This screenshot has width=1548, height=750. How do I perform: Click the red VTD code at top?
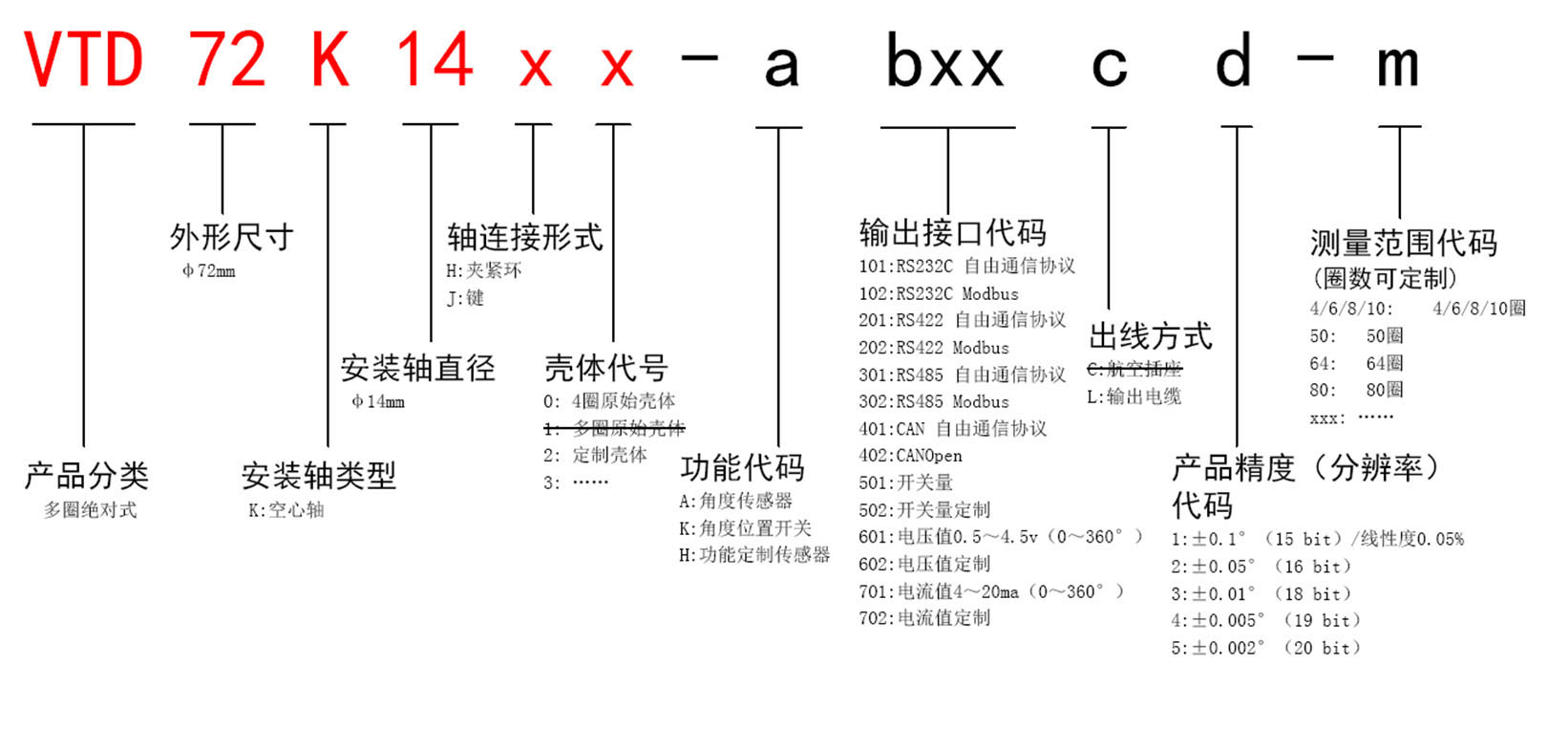click(x=84, y=59)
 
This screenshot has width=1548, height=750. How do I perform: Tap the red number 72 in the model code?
click(x=227, y=59)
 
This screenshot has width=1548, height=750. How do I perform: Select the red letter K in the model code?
click(x=330, y=59)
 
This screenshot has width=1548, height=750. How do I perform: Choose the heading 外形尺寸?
click(x=231, y=237)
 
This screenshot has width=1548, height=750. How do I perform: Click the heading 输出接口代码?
click(x=953, y=232)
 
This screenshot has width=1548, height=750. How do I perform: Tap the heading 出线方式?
click(x=1151, y=336)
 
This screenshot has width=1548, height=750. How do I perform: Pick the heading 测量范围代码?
click(x=1404, y=243)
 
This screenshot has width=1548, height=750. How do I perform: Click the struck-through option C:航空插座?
click(x=1134, y=370)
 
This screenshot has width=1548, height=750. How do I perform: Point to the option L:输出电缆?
click(x=1134, y=396)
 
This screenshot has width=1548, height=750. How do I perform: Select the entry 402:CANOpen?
click(x=910, y=457)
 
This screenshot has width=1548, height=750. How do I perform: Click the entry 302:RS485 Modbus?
click(x=934, y=402)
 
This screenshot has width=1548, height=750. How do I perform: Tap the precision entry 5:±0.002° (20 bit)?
click(x=1265, y=649)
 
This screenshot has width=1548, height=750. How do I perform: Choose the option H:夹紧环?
click(x=484, y=270)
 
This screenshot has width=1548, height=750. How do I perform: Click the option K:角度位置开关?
click(x=745, y=528)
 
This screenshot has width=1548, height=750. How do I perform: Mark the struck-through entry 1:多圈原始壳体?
click(x=614, y=429)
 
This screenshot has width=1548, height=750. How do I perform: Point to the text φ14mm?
click(x=378, y=401)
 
